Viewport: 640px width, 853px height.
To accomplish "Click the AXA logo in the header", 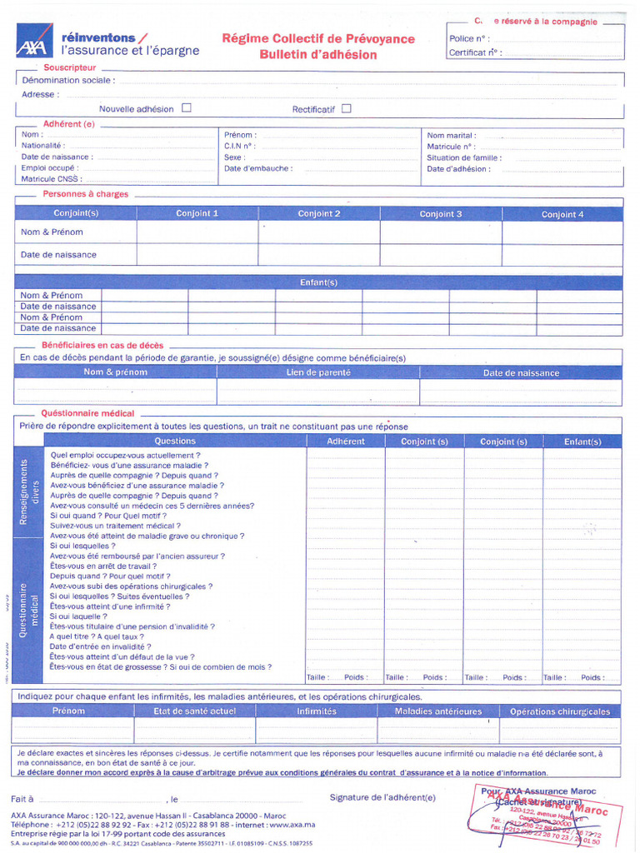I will click(x=33, y=40).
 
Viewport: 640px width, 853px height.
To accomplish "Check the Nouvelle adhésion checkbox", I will click(x=187, y=107).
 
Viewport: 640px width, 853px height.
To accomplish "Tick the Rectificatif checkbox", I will click(x=347, y=107).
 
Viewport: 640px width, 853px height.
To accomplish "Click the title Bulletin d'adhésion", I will click(x=317, y=55).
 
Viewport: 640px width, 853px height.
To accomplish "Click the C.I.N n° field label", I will click(x=239, y=146).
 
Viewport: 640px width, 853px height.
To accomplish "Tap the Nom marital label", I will click(x=451, y=135).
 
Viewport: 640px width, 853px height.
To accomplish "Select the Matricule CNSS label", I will click(x=51, y=178).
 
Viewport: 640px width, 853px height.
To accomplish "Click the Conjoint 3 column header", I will click(x=441, y=214).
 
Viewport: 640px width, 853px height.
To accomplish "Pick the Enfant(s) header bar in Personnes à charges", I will click(x=318, y=282).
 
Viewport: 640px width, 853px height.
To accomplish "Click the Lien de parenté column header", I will click(x=318, y=373).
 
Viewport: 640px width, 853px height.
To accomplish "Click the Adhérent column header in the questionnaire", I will click(x=345, y=441).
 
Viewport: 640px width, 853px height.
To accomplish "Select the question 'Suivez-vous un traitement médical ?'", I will click(x=114, y=526).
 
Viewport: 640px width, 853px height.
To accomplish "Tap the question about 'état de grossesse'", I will click(x=160, y=666).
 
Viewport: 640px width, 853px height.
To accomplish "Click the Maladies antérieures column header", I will click(x=438, y=711).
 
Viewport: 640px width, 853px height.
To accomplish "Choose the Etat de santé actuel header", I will click(x=194, y=711).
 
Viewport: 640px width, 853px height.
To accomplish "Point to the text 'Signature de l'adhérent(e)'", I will click(x=382, y=797).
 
